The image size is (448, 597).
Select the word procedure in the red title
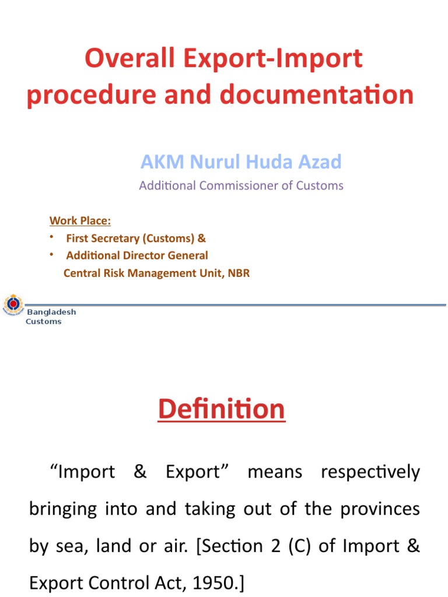(78, 94)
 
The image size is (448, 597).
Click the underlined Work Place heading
(80, 220)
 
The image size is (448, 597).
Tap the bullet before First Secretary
(51, 237)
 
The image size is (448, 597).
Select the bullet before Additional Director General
(51, 254)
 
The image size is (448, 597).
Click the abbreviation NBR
(239, 273)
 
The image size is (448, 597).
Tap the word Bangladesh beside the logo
(51, 312)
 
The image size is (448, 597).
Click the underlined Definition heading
(222, 409)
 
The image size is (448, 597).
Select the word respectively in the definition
(370, 472)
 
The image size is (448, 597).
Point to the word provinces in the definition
(384, 509)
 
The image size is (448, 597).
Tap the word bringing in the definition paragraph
(63, 509)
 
